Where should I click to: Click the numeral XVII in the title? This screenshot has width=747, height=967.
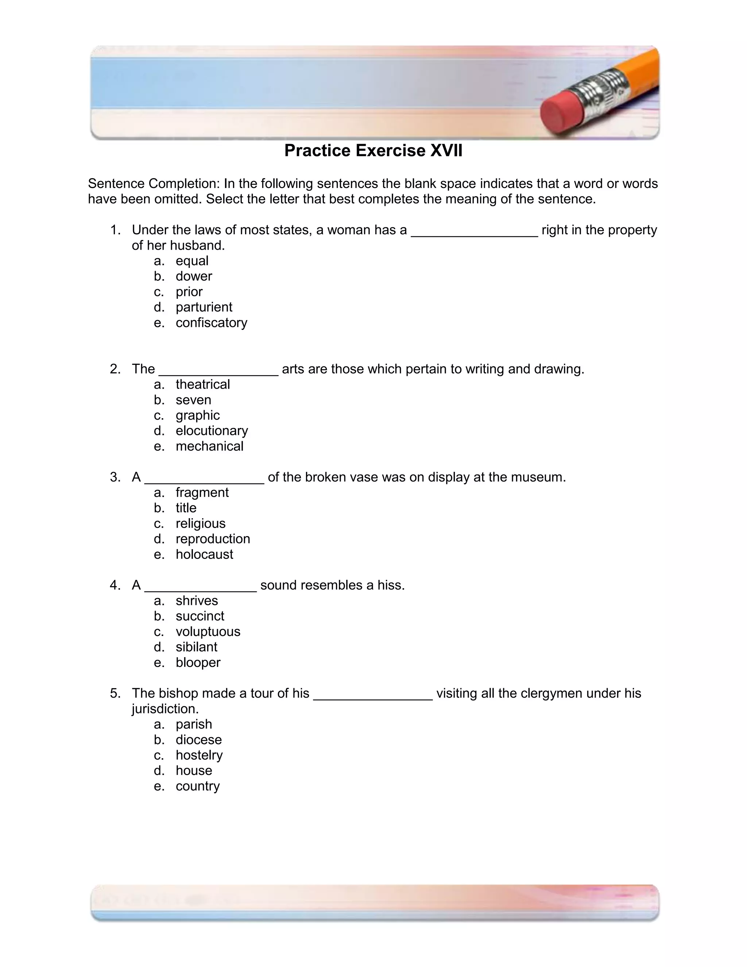coord(446,151)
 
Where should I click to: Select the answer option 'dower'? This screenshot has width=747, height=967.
coord(194,276)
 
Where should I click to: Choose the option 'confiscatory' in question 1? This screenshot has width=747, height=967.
coord(211,323)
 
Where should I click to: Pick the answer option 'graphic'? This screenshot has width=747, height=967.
coord(197,415)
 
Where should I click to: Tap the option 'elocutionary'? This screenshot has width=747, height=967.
coord(212,431)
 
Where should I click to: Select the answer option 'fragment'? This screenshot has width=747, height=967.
coord(202,492)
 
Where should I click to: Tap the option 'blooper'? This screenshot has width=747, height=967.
coord(198,662)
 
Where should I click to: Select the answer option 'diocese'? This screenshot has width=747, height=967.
coord(199,740)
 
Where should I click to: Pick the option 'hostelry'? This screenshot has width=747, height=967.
coord(199,755)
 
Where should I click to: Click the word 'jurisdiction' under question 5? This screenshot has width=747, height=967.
coord(165,709)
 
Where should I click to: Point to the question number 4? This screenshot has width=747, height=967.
coord(115,585)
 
